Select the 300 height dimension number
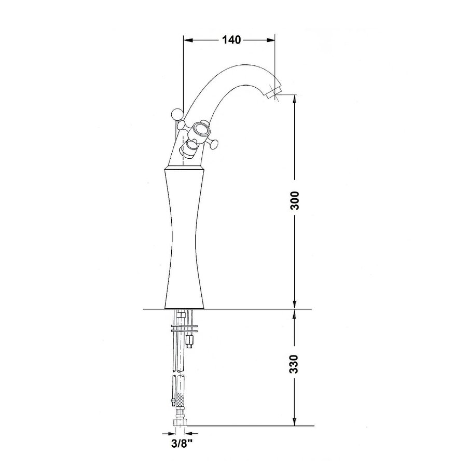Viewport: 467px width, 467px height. coord(294,200)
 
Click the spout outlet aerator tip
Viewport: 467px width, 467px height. coord(272,94)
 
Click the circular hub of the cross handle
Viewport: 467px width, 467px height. coord(200,130)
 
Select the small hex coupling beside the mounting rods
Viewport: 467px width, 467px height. coord(190,341)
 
